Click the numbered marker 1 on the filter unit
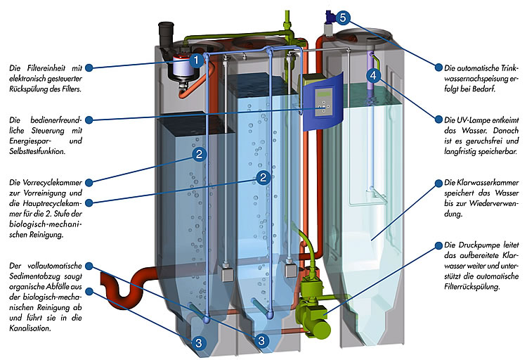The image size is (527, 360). [198, 60]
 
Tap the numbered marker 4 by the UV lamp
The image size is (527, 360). [375, 75]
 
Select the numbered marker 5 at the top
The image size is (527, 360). [342, 17]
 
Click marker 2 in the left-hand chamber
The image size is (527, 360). [200, 153]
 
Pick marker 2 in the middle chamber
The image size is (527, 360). [263, 177]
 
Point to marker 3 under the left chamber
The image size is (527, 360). [199, 342]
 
